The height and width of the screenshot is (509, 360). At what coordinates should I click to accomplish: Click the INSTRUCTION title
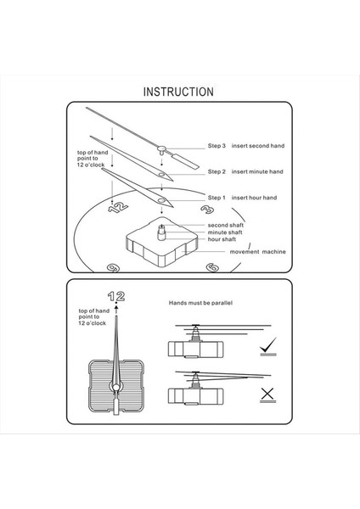pyautogui.click(x=178, y=92)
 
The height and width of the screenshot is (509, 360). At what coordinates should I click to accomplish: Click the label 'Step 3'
pyautogui.click(x=217, y=146)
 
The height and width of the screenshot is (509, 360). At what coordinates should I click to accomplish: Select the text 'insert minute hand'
pyautogui.click(x=257, y=171)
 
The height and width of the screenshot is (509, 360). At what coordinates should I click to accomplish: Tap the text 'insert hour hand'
pyautogui.click(x=254, y=198)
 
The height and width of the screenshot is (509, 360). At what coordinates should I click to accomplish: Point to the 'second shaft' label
pyautogui.click(x=226, y=225)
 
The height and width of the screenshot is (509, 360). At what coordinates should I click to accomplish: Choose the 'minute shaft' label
pyautogui.click(x=225, y=232)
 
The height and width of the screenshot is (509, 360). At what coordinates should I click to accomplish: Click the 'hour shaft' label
pyautogui.click(x=222, y=239)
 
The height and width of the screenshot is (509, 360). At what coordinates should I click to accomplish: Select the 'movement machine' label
pyautogui.click(x=258, y=252)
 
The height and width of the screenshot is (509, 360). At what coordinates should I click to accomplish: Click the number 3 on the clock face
pyautogui.click(x=207, y=209)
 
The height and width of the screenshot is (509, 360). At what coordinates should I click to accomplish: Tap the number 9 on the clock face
pyautogui.click(x=114, y=268)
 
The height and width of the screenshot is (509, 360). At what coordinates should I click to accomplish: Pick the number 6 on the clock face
pyautogui.click(x=212, y=267)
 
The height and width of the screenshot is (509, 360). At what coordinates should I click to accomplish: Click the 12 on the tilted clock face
pyautogui.click(x=118, y=207)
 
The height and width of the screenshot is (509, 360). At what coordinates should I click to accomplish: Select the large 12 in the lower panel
pyautogui.click(x=116, y=296)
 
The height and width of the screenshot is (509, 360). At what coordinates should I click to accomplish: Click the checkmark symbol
pyautogui.click(x=268, y=345)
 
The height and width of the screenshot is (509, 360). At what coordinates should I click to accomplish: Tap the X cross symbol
pyautogui.click(x=267, y=394)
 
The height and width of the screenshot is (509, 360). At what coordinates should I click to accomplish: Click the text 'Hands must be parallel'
pyautogui.click(x=200, y=303)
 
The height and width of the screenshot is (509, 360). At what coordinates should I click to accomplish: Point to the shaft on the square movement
pyautogui.click(x=161, y=232)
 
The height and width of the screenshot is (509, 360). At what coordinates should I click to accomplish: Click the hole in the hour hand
pyautogui.click(x=161, y=200)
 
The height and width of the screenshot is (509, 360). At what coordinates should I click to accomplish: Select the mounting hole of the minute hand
pyautogui.click(x=161, y=175)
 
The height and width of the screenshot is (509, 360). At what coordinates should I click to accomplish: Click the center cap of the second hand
pyautogui.click(x=161, y=149)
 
